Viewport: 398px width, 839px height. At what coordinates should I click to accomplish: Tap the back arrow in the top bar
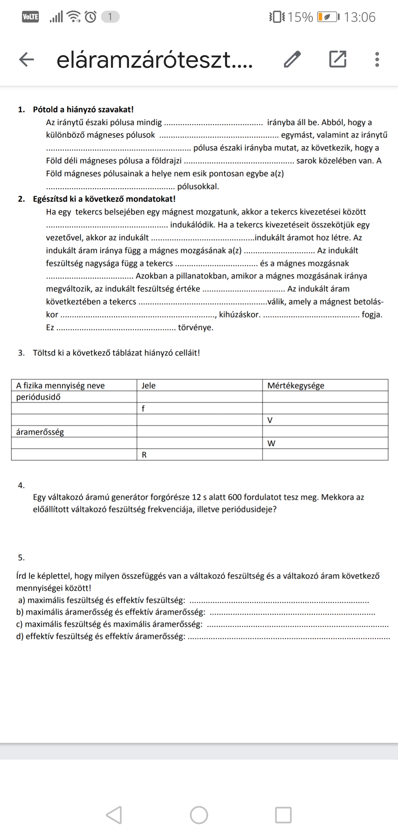click(x=27, y=60)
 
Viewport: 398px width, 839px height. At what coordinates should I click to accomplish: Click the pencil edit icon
click(x=292, y=59)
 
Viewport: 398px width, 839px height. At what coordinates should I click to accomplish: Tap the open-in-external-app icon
click(x=338, y=59)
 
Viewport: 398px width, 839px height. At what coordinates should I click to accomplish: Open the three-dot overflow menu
click(x=377, y=60)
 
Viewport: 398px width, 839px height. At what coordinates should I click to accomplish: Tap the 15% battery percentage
click(x=300, y=17)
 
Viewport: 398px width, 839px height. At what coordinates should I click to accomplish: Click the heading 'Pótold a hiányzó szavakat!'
click(x=83, y=109)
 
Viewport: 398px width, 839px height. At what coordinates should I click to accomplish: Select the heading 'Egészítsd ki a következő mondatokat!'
click(x=104, y=199)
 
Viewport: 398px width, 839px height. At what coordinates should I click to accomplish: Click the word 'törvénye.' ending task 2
click(x=196, y=328)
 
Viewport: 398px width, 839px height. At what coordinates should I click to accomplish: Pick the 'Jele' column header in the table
click(x=149, y=386)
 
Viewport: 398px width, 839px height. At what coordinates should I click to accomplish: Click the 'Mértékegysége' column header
click(x=296, y=386)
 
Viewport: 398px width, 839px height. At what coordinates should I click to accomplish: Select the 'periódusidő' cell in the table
click(x=38, y=397)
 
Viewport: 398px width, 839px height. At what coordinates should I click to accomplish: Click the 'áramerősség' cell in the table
click(x=40, y=432)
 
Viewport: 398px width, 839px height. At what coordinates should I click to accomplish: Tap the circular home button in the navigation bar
click(x=199, y=815)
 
